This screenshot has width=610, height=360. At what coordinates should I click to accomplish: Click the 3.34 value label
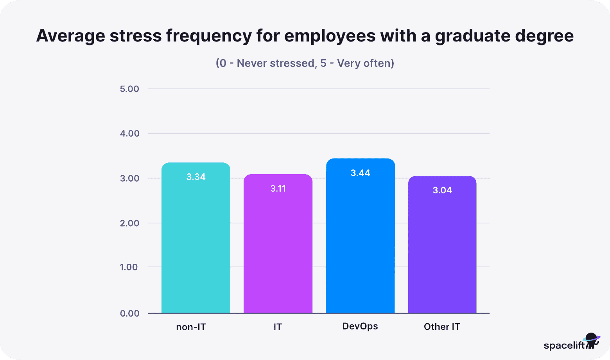[x=196, y=177]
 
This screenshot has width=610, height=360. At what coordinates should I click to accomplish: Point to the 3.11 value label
[x=278, y=189]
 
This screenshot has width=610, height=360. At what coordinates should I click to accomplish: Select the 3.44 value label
[x=360, y=173]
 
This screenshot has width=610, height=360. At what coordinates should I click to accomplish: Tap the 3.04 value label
[x=442, y=190]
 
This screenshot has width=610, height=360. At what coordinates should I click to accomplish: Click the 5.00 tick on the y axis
[x=129, y=89]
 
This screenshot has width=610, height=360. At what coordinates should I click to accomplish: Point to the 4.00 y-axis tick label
[x=129, y=133]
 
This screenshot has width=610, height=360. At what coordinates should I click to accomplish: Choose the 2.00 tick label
[x=129, y=223]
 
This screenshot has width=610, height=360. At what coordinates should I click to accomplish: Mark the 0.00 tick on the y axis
[x=129, y=313]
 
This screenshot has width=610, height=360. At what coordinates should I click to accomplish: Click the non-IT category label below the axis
[x=191, y=327]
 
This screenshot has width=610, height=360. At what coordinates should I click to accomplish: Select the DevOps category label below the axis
[x=360, y=326]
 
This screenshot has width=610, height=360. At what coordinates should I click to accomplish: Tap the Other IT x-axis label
[x=442, y=327]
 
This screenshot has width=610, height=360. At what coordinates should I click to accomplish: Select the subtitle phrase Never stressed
[x=276, y=63]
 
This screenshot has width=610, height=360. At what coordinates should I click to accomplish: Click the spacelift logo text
[x=564, y=346]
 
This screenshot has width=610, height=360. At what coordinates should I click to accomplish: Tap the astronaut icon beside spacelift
[x=592, y=341]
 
